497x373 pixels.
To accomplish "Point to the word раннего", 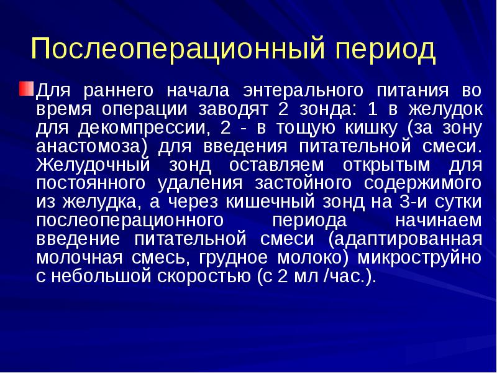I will coord(120,91).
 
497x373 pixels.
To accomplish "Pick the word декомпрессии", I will coord(141,129).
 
